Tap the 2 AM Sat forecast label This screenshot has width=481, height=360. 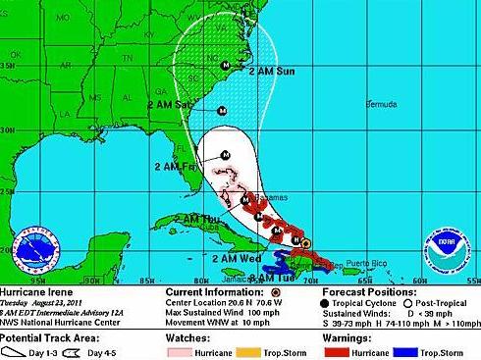point(169,104)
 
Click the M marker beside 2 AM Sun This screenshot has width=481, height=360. point(226,66)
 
